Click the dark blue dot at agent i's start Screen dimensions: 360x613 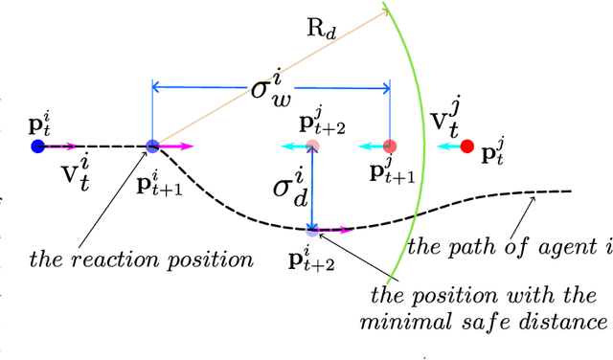37,146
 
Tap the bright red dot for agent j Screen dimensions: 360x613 467,146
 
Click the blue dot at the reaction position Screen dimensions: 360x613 153,146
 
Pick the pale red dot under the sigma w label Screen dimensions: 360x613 312,146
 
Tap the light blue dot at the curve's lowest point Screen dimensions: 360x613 312,229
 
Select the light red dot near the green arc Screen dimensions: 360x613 389,146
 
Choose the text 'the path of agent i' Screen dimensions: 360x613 510,247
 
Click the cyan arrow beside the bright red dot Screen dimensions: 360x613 445,146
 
